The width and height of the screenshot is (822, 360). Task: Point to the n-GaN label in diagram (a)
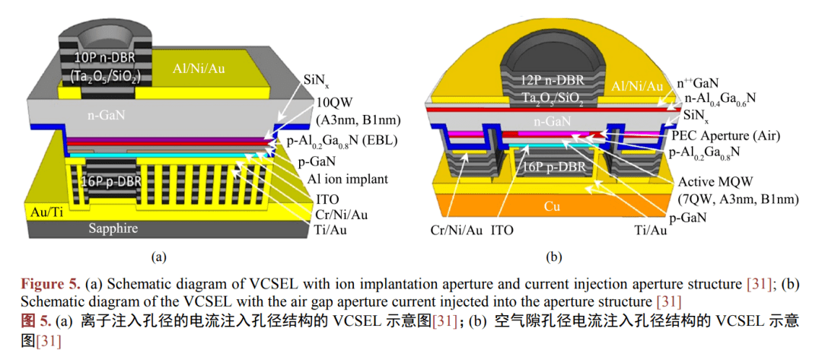click(x=99, y=119)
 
